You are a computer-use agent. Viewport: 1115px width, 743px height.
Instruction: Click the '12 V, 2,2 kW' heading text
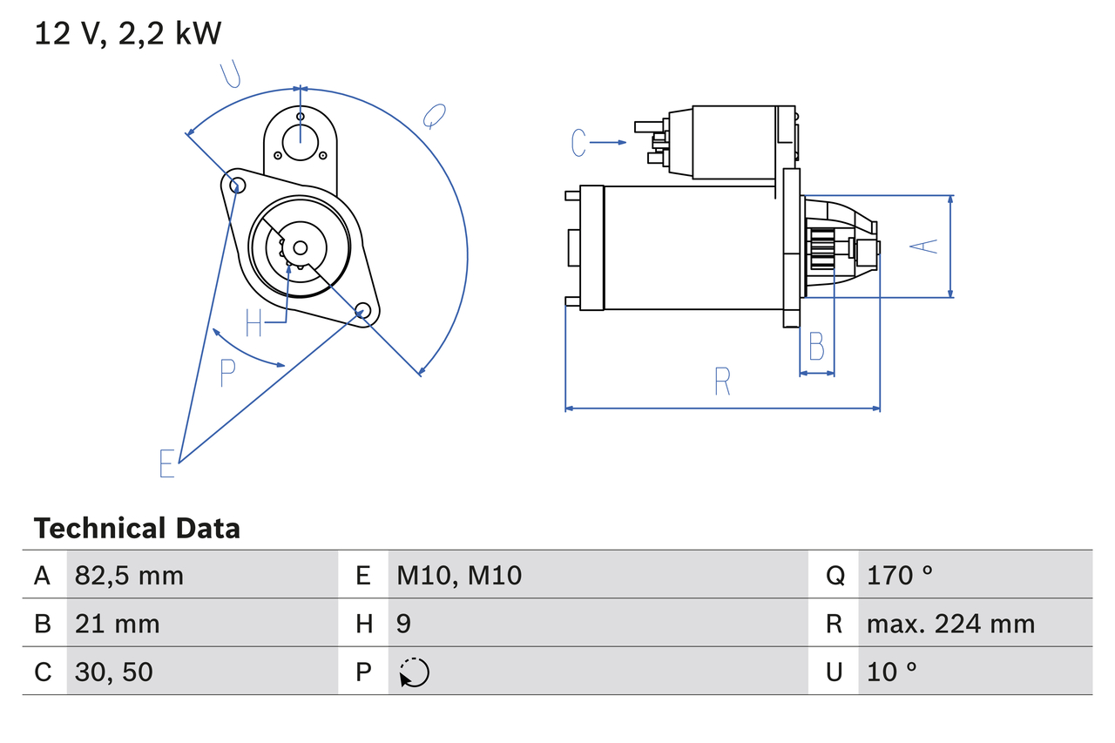128,33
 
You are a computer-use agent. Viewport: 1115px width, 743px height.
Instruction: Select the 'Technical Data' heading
137,528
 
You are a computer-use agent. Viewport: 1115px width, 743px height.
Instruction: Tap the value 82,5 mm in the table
129,575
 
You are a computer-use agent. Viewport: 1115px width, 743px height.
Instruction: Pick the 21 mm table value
117,624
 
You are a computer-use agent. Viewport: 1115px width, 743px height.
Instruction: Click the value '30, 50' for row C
113,672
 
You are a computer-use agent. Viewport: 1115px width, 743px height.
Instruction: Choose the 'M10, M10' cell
459,575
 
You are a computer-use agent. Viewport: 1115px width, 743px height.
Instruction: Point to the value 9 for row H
403,624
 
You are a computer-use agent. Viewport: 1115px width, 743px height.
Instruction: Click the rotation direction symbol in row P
414,672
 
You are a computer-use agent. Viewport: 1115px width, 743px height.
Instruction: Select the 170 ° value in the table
899,575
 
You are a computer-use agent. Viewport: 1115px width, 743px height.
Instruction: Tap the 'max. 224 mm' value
950,624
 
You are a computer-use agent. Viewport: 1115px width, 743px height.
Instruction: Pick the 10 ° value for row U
892,672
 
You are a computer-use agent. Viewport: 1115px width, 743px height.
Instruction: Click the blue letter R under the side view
722,382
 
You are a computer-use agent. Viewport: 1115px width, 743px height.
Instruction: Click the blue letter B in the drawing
816,347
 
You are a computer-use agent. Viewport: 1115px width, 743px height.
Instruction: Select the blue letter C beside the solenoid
579,142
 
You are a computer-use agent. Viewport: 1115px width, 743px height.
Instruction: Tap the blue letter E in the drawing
167,463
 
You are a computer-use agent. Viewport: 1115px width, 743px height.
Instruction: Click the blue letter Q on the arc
434,115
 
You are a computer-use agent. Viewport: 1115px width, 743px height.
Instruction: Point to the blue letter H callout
253,323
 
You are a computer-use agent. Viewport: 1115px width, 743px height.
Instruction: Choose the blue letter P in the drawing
227,373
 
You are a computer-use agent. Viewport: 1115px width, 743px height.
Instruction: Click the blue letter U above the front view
230,75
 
